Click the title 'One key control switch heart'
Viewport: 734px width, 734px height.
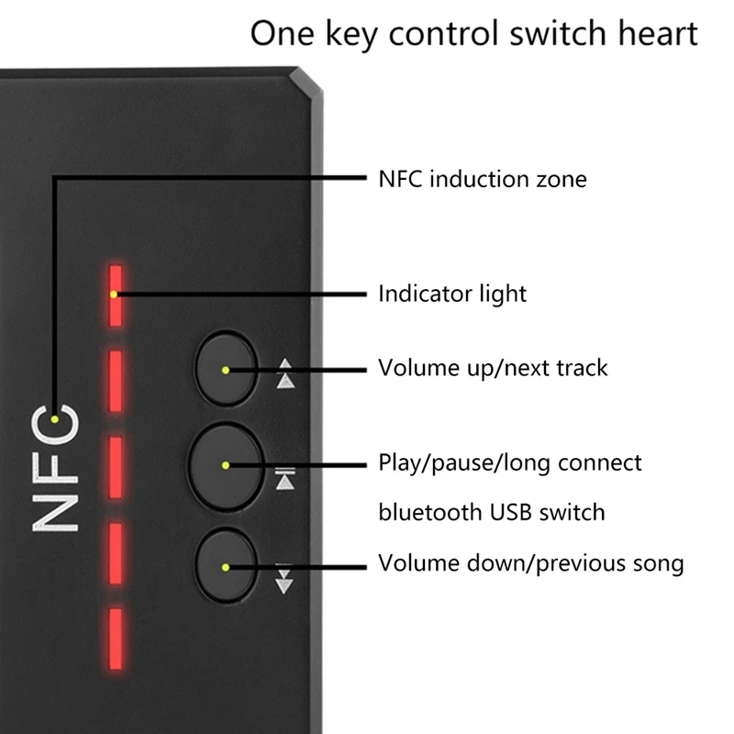pos(474,35)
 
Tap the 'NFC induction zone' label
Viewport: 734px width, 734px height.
pos(482,178)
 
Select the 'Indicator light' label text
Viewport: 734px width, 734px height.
pos(452,294)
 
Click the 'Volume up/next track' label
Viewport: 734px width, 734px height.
pos(493,369)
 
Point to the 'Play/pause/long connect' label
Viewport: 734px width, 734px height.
pos(510,462)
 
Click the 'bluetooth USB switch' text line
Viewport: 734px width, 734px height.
pos(492,511)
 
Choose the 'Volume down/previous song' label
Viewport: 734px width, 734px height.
pos(531,562)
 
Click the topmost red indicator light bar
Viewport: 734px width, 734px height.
pos(116,295)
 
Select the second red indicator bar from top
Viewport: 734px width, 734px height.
pos(116,381)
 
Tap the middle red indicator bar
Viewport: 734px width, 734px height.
pos(116,466)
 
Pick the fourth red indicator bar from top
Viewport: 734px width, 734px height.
pos(116,550)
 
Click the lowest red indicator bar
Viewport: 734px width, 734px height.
pos(116,635)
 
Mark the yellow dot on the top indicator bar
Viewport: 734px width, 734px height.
pos(112,295)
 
